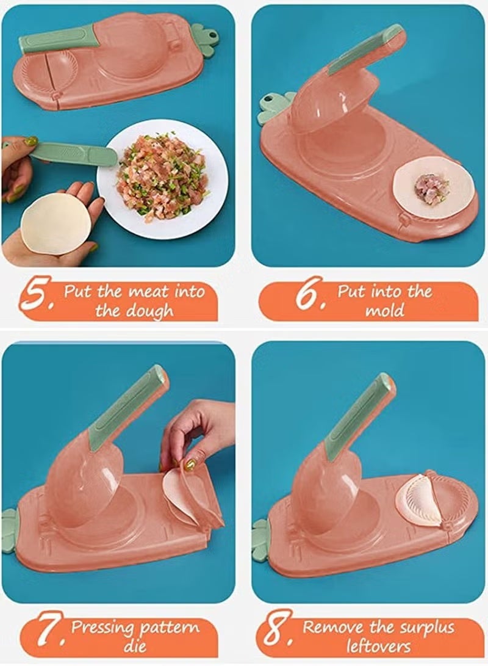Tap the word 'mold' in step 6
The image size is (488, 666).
point(385,311)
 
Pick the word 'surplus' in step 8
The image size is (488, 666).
point(425,628)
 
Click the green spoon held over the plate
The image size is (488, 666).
point(74,154)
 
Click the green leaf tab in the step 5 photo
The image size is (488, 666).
point(204,39)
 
